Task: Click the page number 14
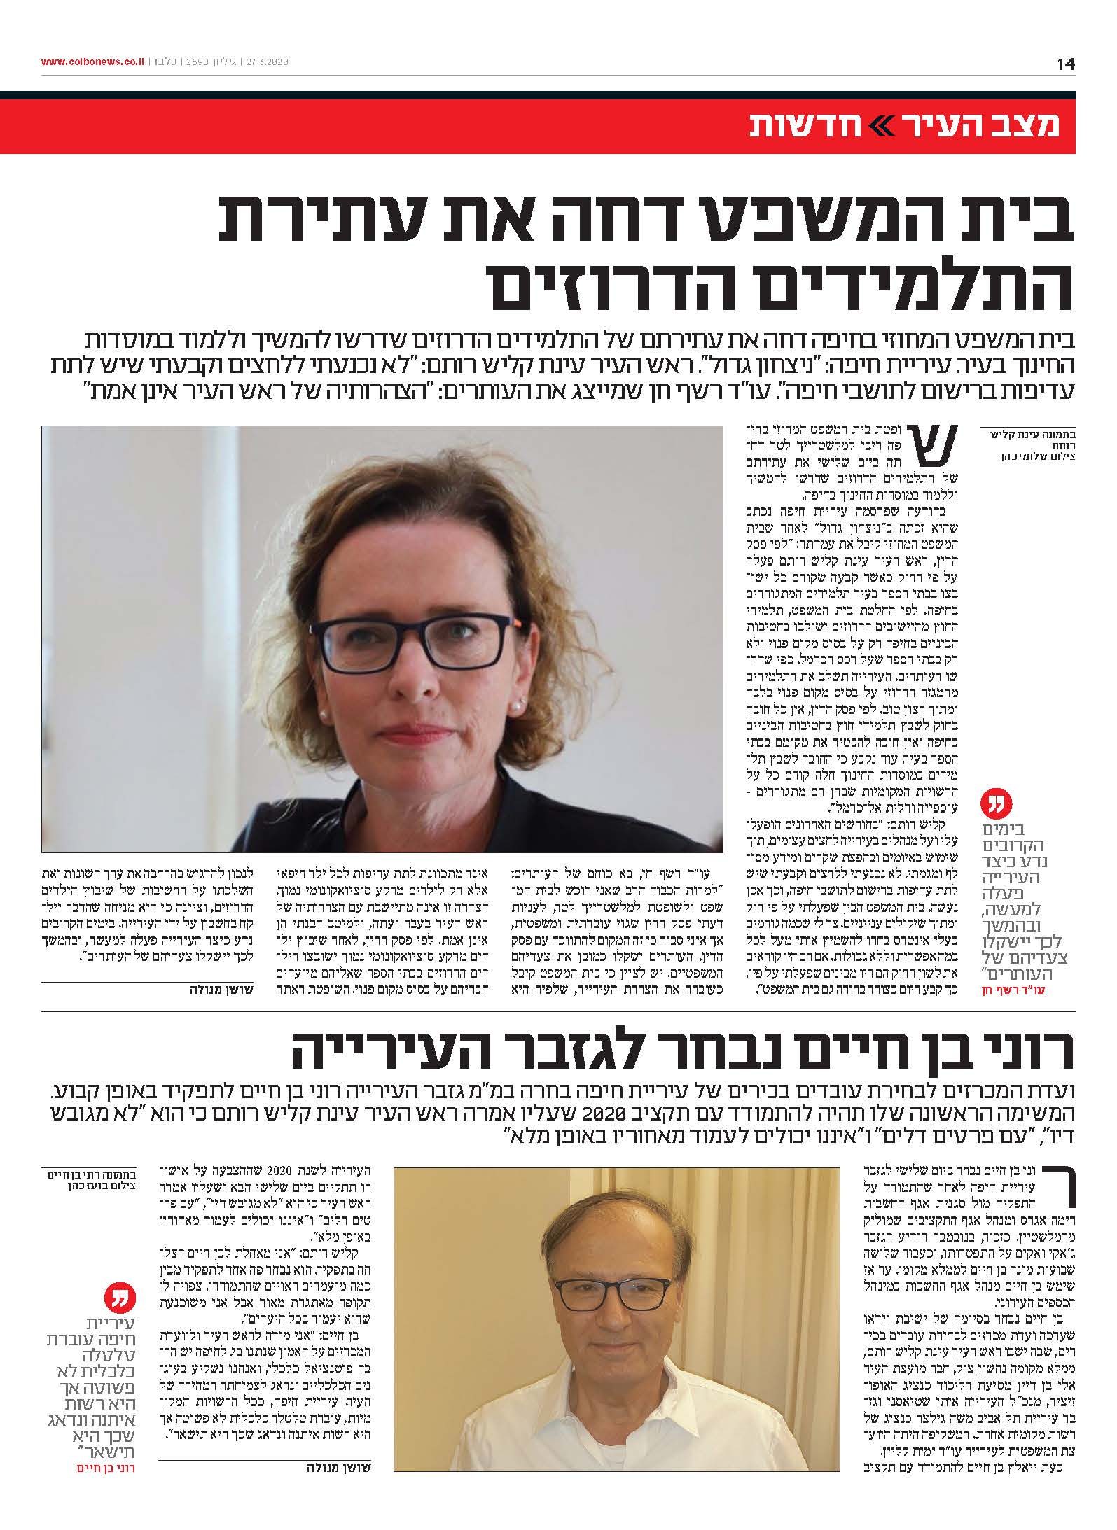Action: coord(1065,64)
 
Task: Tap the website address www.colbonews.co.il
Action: coord(92,62)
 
